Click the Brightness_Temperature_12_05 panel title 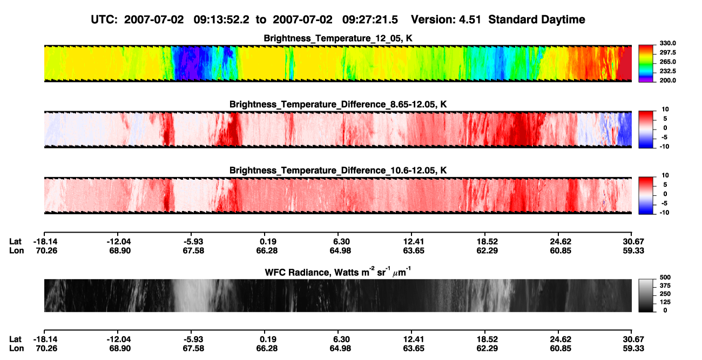[x=338, y=38]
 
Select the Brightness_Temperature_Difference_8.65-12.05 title [x=338, y=104]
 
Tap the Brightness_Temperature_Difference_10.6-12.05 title [x=338, y=171]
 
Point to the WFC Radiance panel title [x=338, y=271]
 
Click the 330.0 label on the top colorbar [x=667, y=43]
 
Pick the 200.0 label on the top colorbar [x=667, y=80]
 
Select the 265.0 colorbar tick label [x=667, y=62]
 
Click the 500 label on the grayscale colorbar [x=665, y=277]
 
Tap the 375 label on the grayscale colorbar [x=665, y=286]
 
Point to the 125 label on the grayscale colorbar [x=665, y=302]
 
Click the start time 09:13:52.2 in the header [x=221, y=20]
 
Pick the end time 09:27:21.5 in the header [x=370, y=20]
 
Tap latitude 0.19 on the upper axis [x=268, y=242]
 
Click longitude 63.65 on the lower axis [x=414, y=349]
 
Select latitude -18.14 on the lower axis [x=45, y=339]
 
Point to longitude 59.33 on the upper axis [x=633, y=250]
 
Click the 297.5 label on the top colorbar [x=667, y=53]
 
